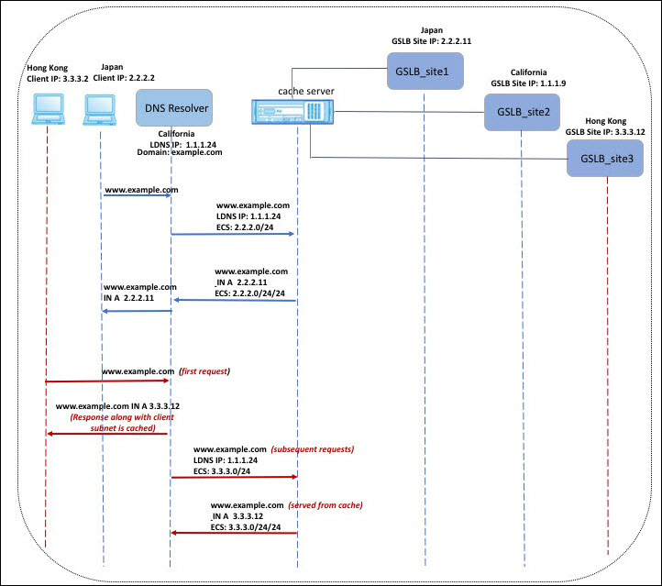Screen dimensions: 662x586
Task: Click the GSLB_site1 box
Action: click(425, 71)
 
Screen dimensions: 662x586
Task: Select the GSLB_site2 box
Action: click(523, 112)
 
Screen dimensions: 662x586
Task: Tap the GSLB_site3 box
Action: click(605, 159)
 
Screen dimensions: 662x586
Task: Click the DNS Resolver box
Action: click(174, 107)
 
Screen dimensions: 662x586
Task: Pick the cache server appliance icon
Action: click(292, 112)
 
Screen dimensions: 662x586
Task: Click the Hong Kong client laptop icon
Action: click(48, 109)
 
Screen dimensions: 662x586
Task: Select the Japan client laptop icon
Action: click(100, 110)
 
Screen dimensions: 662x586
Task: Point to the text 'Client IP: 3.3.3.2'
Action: click(58, 79)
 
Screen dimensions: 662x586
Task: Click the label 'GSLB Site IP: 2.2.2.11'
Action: click(432, 41)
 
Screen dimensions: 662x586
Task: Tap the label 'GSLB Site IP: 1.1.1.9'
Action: click(528, 83)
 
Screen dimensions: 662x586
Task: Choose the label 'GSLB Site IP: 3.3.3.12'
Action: click(605, 132)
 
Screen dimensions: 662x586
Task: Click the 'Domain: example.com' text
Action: click(180, 152)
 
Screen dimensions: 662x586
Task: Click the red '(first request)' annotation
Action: click(204, 371)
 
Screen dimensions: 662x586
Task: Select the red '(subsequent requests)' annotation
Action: click(313, 448)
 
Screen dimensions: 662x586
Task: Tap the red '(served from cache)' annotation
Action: click(325, 505)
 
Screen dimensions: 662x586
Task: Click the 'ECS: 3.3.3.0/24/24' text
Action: click(246, 527)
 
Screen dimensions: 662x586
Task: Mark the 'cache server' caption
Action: click(306, 91)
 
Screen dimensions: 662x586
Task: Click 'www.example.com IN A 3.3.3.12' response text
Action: click(117, 406)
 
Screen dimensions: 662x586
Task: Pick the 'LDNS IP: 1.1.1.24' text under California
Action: click(182, 144)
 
